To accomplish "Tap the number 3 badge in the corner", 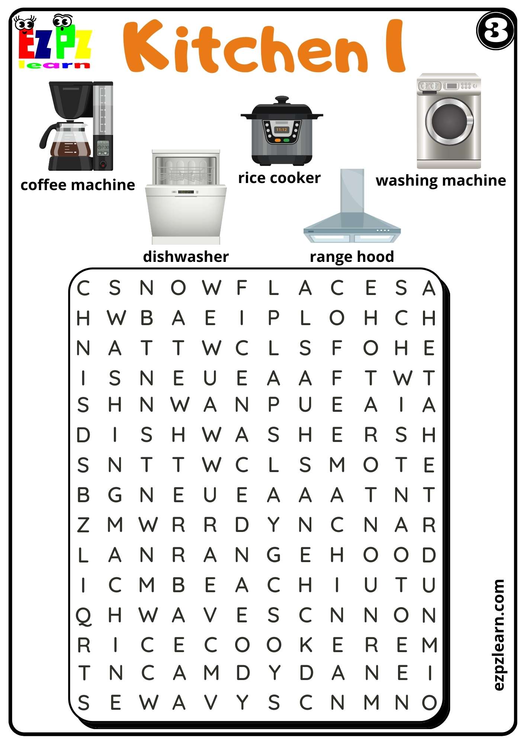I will click(x=495, y=31).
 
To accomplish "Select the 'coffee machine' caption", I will click(x=77, y=185).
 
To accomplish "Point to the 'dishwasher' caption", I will click(x=186, y=257).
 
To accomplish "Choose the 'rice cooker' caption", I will click(x=279, y=178).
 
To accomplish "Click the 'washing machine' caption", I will click(x=441, y=180).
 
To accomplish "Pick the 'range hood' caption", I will click(x=352, y=257).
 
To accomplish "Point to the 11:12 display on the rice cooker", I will click(x=282, y=129).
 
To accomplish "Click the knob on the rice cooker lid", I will click(x=282, y=100).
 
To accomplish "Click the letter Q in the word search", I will click(x=83, y=616).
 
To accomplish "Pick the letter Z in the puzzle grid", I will click(x=83, y=525).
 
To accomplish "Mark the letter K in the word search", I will click(x=306, y=645).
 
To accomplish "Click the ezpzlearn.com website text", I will click(x=498, y=635).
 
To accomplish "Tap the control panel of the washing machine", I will click(x=449, y=86).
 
